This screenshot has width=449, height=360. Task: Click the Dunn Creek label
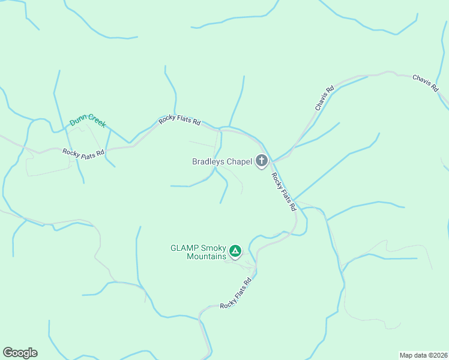[88, 120]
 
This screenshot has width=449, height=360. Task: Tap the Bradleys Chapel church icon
[262, 161]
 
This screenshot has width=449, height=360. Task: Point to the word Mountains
[206, 256]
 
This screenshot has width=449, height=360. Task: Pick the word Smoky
[211, 247]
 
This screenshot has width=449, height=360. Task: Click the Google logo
[20, 353]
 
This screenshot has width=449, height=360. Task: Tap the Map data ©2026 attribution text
[423, 355]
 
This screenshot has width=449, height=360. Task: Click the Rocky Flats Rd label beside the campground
[235, 293]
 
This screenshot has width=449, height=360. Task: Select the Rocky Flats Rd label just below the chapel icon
[284, 191]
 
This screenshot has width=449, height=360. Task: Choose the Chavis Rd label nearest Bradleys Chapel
[324, 97]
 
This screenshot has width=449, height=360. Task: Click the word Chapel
[238, 161]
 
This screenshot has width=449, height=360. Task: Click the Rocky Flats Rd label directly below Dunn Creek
[83, 153]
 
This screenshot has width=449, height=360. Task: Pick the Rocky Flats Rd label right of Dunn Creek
[179, 121]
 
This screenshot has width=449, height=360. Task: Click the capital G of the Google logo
[8, 352]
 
